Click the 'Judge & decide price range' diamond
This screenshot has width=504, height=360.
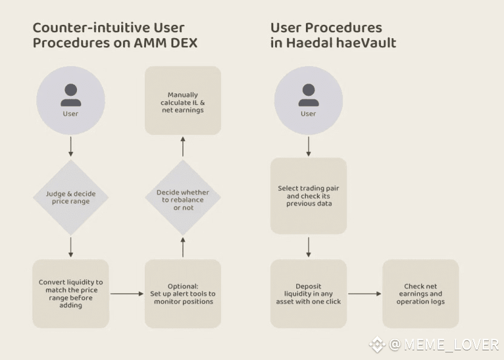[71, 198]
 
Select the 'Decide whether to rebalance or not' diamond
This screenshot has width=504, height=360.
[183, 198]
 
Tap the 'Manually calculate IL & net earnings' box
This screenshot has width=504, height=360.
[183, 101]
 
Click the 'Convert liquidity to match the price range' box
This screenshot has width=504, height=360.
[71, 294]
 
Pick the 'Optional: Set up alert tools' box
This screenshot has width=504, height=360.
[183, 294]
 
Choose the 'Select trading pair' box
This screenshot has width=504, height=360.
[308, 196]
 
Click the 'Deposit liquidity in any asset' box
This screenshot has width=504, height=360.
[308, 294]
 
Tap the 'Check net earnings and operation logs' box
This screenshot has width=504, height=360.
[420, 294]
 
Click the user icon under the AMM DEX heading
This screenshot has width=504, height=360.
[71, 101]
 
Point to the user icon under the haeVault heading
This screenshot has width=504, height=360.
[308, 101]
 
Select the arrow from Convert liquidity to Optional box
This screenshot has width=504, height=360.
[127, 294]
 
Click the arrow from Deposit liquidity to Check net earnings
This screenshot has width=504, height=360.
[365, 294]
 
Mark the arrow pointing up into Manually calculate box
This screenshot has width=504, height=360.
[183, 147]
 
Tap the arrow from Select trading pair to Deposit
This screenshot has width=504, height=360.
[308, 247]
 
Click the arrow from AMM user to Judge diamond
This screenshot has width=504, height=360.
[71, 147]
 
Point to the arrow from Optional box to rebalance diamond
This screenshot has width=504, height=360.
[183, 247]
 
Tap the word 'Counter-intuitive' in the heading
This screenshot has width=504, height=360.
[91, 28]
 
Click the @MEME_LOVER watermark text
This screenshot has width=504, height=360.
[443, 345]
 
